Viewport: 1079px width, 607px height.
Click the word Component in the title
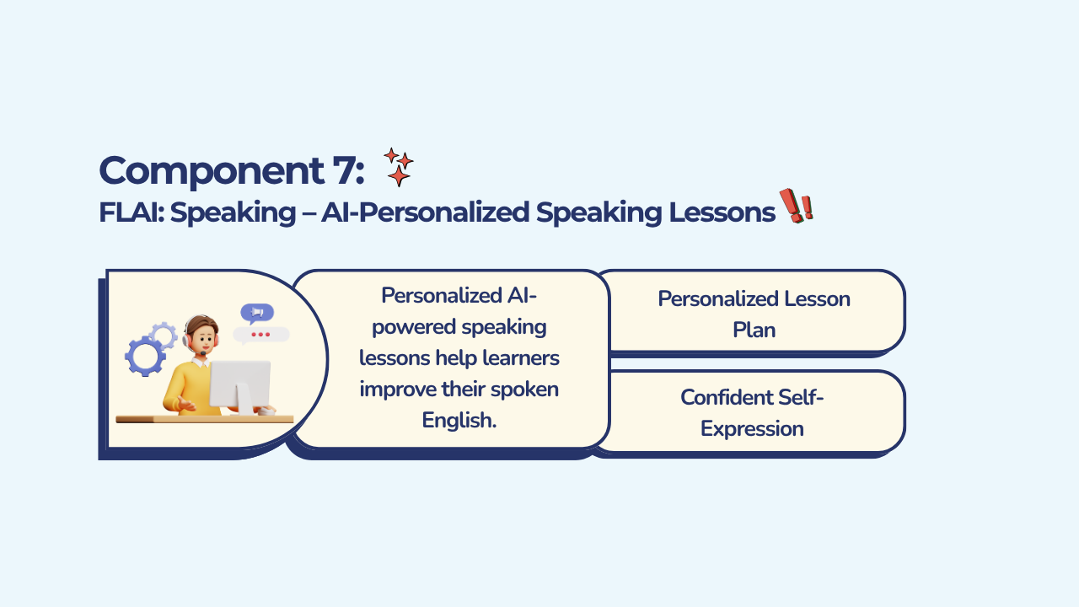click(x=212, y=171)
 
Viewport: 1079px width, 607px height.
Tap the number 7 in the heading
click(x=342, y=170)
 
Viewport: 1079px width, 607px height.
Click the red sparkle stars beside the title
click(x=399, y=167)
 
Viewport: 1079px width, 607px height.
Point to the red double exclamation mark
click(x=797, y=206)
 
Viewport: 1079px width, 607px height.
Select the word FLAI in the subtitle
click(x=130, y=212)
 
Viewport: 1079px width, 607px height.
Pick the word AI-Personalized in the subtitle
click(x=426, y=212)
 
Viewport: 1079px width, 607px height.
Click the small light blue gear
click(x=163, y=335)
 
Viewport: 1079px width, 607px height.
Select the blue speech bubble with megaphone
click(x=257, y=313)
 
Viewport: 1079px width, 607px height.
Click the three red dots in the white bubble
click(x=260, y=335)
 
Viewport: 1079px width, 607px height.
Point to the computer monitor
click(x=239, y=385)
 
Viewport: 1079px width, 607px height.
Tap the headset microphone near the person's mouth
click(x=203, y=353)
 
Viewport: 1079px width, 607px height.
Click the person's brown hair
click(x=201, y=323)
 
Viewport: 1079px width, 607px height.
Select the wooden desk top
click(x=205, y=420)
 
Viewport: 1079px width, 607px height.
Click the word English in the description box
click(x=459, y=420)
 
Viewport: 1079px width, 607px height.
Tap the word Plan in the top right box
click(x=754, y=330)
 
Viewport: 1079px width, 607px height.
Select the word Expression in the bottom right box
click(x=752, y=429)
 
